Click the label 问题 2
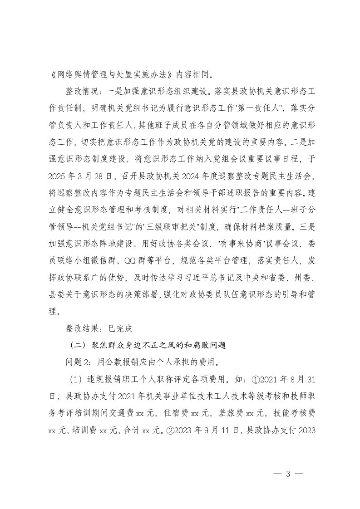[x=78, y=362]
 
